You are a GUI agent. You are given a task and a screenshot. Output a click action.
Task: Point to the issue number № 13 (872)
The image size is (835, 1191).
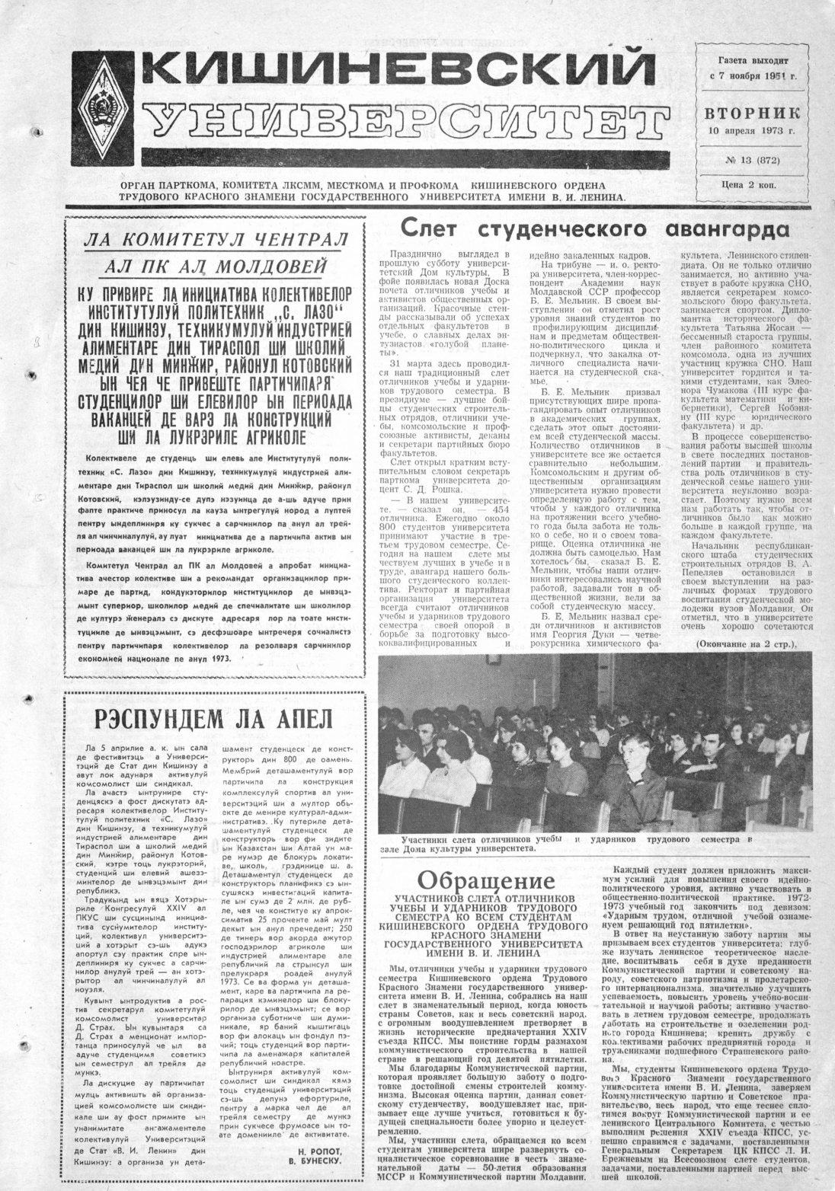coord(752,161)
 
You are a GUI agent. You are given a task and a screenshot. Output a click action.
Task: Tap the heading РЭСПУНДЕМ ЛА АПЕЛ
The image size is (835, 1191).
coord(213,718)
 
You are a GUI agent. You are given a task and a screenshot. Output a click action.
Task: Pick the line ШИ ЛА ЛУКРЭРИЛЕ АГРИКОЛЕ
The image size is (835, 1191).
coord(213,436)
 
